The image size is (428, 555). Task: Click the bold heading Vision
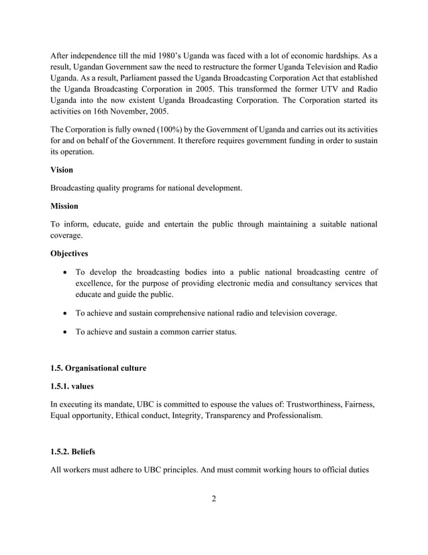click(x=62, y=171)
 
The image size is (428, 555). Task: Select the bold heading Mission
click(x=64, y=206)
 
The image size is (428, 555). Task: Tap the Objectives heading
click(x=70, y=254)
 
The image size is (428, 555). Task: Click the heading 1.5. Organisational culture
click(x=99, y=368)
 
